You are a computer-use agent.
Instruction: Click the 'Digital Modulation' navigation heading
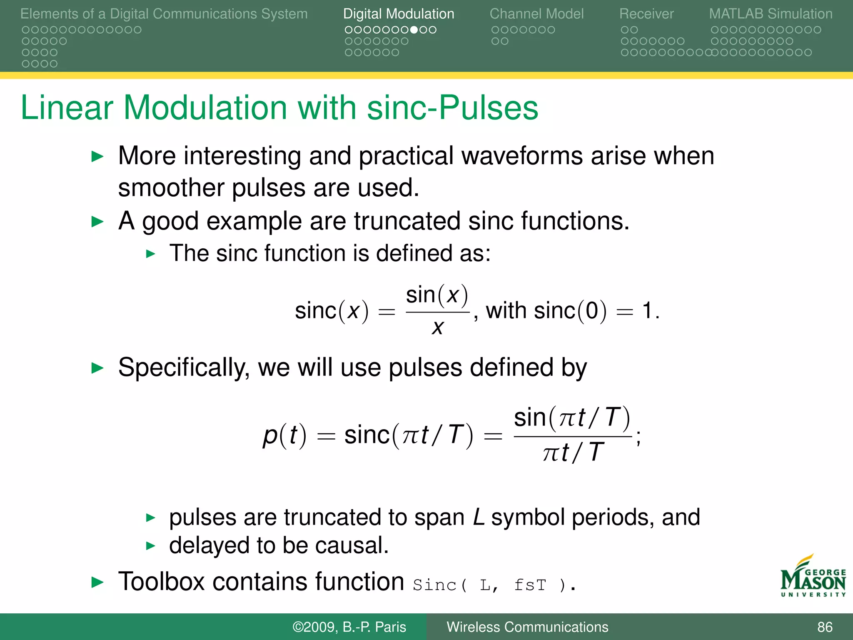click(399, 14)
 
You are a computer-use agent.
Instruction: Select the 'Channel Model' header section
click(536, 14)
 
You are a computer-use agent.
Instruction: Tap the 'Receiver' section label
click(646, 14)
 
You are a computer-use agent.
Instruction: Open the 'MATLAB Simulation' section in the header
click(771, 14)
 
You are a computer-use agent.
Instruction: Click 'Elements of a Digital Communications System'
click(164, 14)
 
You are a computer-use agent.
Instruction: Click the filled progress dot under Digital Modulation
click(414, 30)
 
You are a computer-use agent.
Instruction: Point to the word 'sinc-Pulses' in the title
click(453, 108)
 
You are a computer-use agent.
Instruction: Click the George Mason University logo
click(813, 577)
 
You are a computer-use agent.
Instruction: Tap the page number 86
click(825, 627)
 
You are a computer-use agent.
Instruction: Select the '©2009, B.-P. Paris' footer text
click(349, 627)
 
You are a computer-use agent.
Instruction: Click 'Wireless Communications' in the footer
click(527, 627)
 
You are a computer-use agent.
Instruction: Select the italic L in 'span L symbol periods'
click(479, 517)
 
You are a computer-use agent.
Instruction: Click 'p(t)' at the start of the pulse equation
click(284, 435)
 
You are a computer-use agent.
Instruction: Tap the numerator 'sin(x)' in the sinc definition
click(437, 295)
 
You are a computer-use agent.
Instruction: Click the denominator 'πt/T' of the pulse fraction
click(573, 452)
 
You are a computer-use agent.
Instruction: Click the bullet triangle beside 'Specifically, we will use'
click(97, 368)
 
